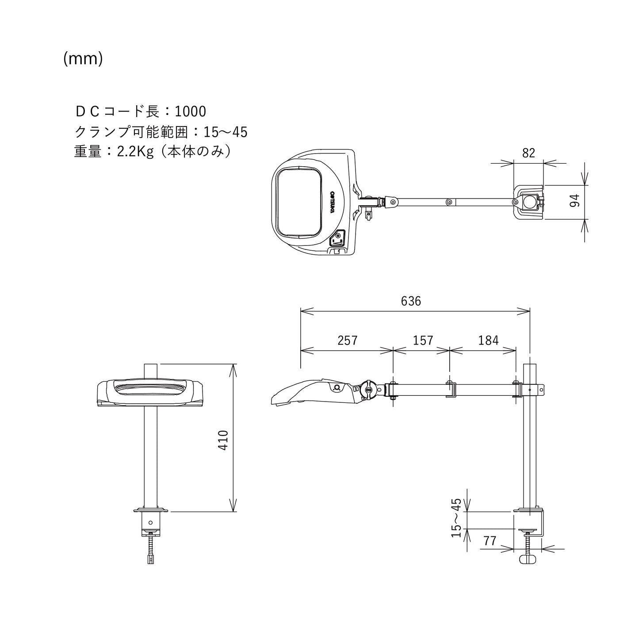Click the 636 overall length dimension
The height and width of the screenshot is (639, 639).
point(411,301)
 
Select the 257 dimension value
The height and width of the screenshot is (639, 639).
point(347,340)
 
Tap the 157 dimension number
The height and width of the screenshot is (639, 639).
point(423,340)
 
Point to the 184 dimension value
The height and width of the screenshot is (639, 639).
point(488,340)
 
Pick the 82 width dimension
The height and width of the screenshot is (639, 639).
point(528,153)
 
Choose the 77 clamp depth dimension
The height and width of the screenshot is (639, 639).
point(490,541)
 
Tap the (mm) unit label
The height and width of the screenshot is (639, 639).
point(83,58)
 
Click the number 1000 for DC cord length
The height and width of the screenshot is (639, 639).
point(190,111)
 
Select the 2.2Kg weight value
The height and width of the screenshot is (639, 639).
point(135,152)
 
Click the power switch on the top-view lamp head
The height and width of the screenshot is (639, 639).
point(338,239)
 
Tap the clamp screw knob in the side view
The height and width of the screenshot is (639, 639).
point(528,559)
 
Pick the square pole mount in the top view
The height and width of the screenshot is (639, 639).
point(529,202)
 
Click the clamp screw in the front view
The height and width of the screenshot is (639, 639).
point(151,547)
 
